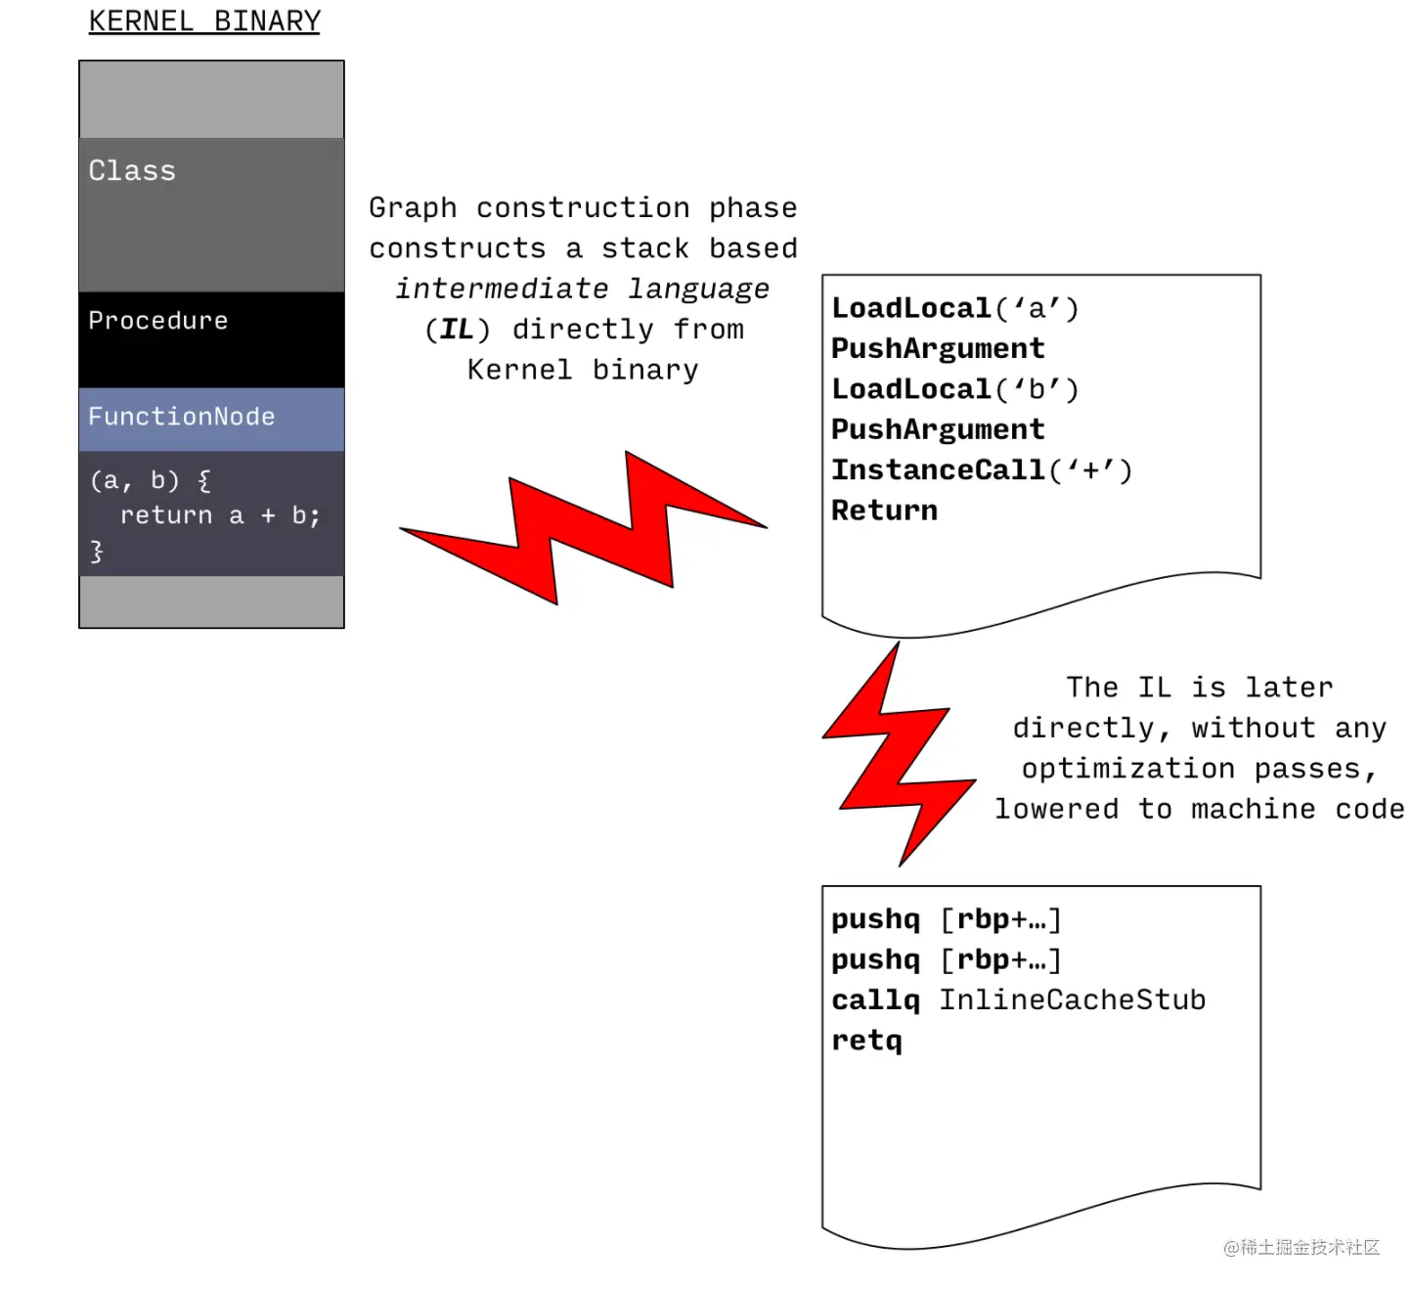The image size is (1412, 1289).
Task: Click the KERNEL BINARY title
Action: [x=204, y=22]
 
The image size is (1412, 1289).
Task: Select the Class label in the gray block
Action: [x=132, y=171]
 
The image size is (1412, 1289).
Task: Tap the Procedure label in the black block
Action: [x=158, y=321]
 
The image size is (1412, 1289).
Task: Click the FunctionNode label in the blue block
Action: [x=182, y=417]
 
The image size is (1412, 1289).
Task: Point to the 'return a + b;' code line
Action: [x=219, y=515]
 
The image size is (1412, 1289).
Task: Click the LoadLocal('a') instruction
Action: [x=954, y=309]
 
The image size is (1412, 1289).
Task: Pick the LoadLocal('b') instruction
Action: [x=954, y=389]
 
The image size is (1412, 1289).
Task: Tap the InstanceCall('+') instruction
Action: [x=981, y=470]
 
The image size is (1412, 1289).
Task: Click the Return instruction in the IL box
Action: [x=884, y=511]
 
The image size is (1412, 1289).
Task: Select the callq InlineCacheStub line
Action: [x=1018, y=1000]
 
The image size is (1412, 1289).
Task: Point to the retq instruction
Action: [x=866, y=1041]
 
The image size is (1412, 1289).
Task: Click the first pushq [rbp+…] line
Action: [x=946, y=919]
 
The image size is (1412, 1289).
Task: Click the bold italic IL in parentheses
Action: [x=457, y=330]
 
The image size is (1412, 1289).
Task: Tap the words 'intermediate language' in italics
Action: [x=583, y=289]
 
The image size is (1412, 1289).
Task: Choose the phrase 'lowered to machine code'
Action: [x=1199, y=810]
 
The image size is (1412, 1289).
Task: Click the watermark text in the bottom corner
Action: [x=1302, y=1247]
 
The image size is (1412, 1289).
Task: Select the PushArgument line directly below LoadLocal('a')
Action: [x=938, y=349]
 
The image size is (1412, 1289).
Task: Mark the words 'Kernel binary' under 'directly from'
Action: [x=583, y=371]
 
